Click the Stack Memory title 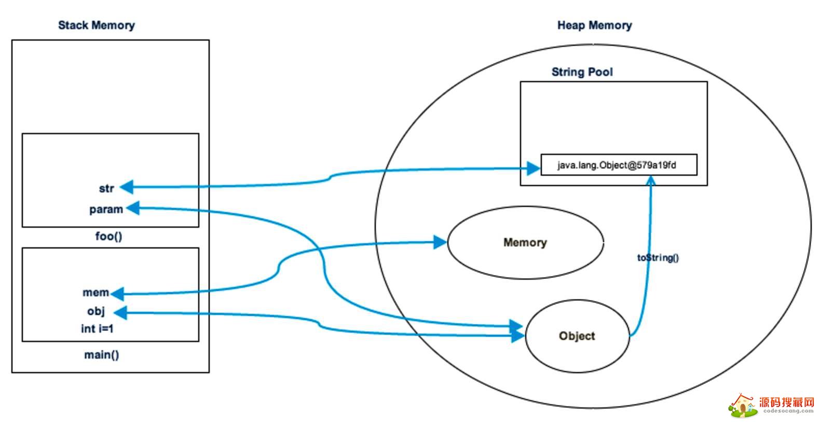(96, 25)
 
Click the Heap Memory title (594, 25)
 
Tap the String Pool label (582, 72)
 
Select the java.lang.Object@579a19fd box (618, 165)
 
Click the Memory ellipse (525, 243)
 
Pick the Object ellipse (577, 336)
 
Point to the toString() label (658, 257)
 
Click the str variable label (106, 188)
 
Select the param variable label (106, 209)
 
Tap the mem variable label (96, 293)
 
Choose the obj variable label (96, 311)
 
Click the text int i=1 (97, 329)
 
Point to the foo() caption (109, 236)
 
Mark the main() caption (102, 355)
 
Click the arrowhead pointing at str (126, 187)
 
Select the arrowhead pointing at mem (117, 294)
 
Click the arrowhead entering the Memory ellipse (440, 242)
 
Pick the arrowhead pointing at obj (120, 313)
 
